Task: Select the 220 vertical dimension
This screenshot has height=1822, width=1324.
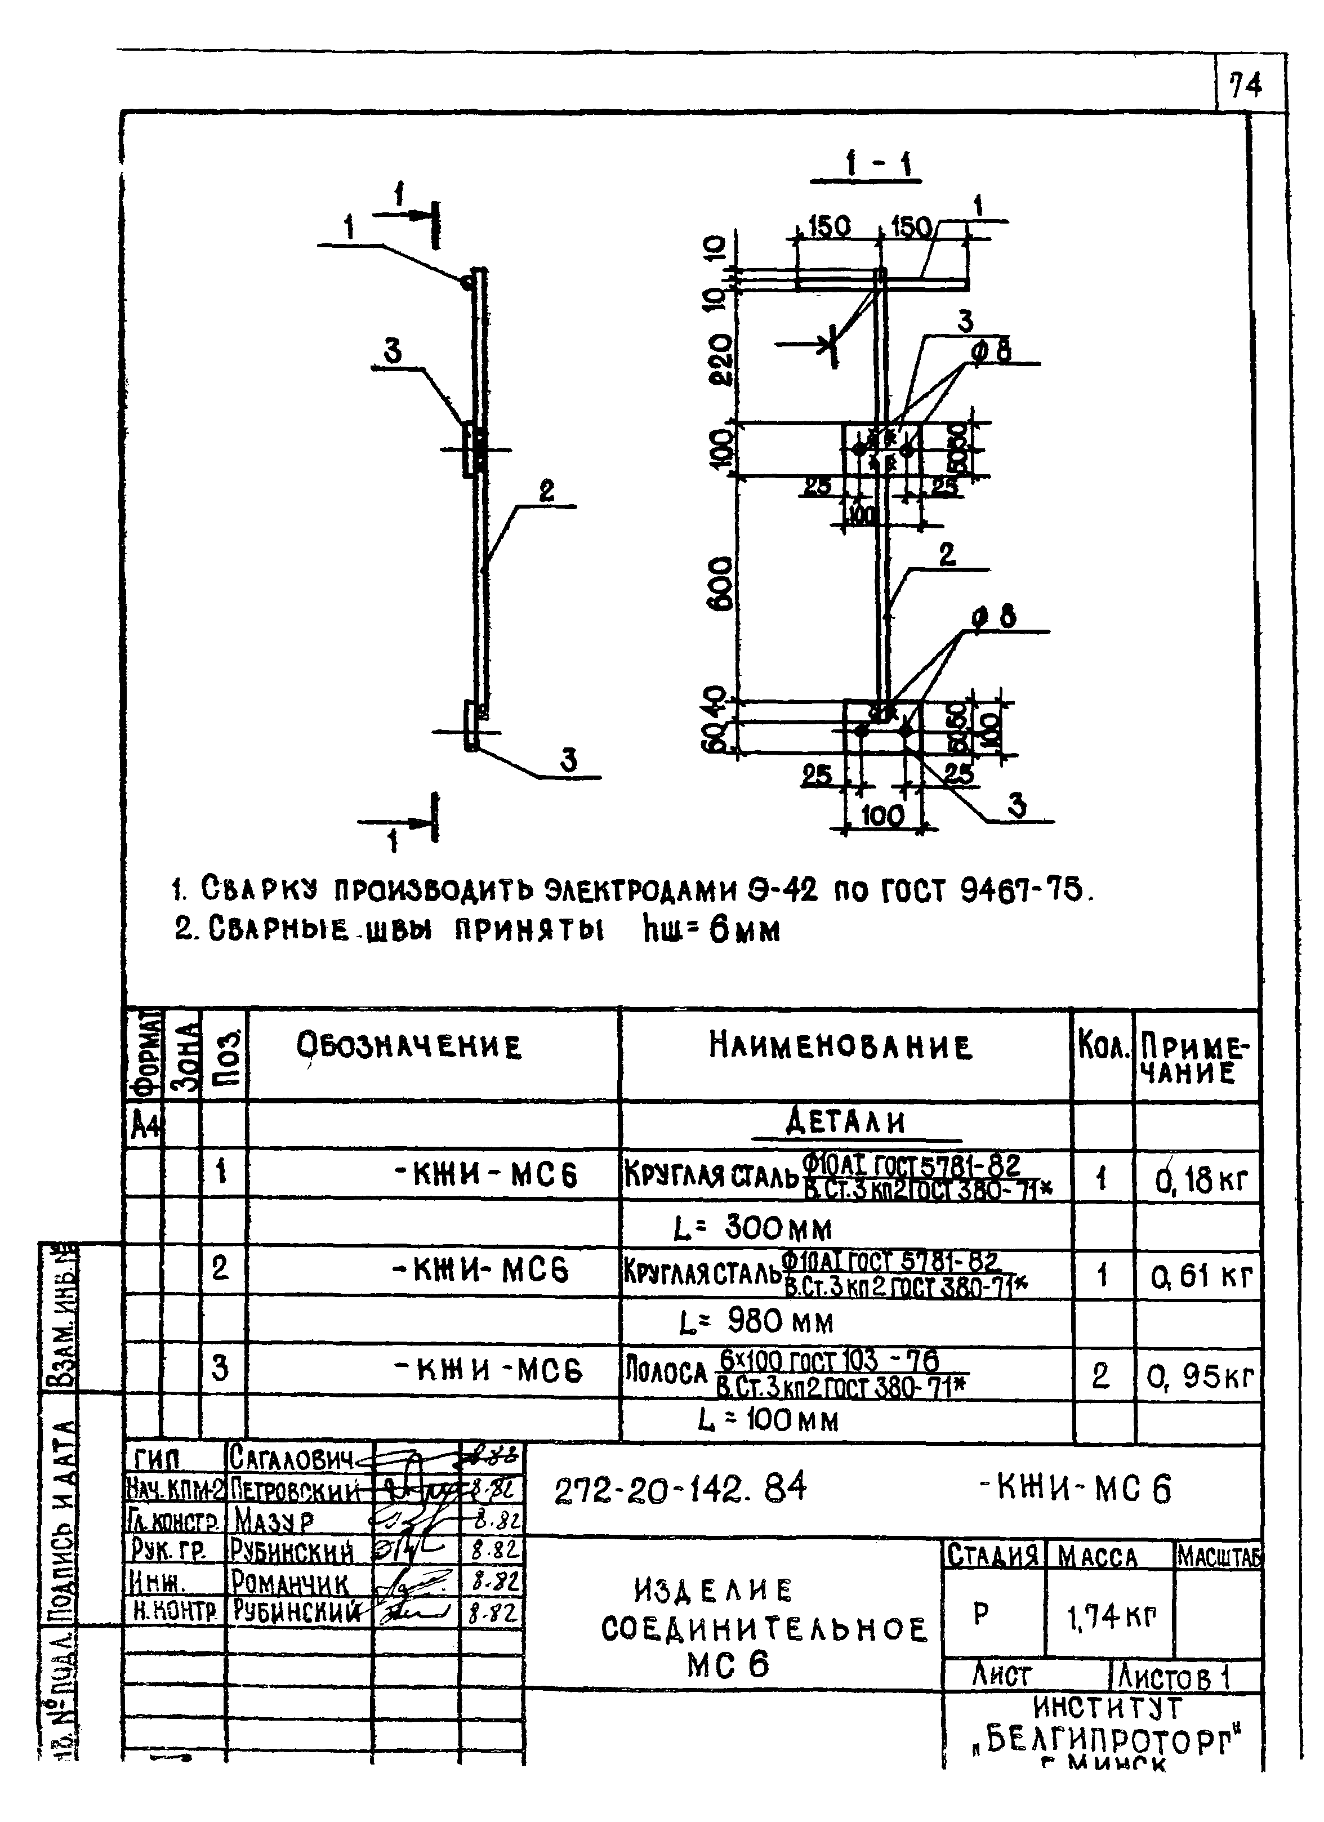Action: (x=722, y=359)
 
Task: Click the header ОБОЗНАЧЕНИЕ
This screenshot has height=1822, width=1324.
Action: (x=409, y=1046)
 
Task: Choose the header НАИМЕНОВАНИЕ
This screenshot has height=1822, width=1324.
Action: (x=840, y=1046)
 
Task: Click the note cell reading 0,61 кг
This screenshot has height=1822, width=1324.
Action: (x=1200, y=1276)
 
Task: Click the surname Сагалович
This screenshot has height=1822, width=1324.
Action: (x=292, y=1456)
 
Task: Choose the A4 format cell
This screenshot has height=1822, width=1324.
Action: (x=145, y=1128)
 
